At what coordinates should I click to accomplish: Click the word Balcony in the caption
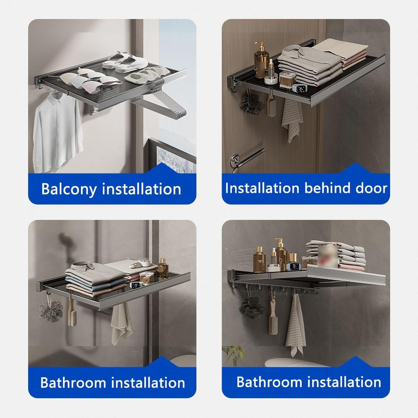point(69,189)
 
